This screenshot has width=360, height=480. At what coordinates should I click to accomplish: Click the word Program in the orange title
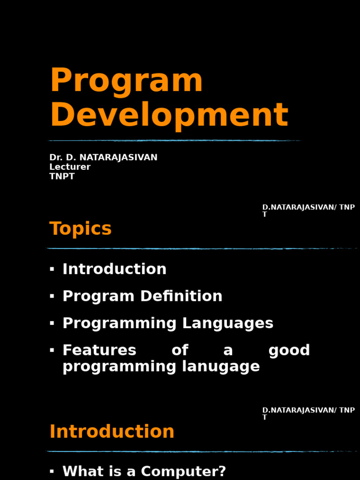tap(126, 81)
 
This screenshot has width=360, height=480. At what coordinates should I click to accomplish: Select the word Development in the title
tap(169, 115)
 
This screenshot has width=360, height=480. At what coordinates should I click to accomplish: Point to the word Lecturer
tap(70, 167)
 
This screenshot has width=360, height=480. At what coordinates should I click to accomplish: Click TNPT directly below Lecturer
tap(62, 177)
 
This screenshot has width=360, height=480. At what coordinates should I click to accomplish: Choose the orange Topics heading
tap(80, 229)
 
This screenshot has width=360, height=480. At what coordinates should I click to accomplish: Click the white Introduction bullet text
tap(114, 269)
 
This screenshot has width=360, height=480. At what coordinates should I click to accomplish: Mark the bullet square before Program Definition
tap(52, 296)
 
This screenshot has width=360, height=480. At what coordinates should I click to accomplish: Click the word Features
tap(99, 350)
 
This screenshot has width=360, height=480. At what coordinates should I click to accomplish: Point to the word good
tap(289, 350)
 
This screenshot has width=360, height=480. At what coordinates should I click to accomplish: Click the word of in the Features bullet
tap(180, 350)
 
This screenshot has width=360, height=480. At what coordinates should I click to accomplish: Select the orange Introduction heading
tap(112, 432)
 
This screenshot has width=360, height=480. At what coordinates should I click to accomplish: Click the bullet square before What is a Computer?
tap(52, 471)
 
